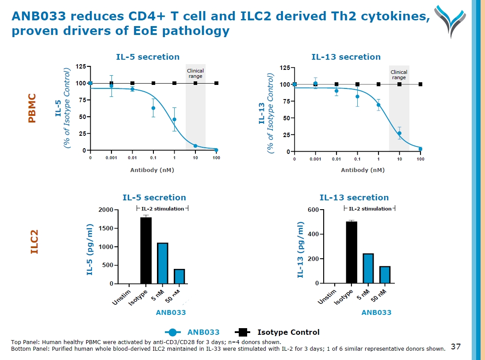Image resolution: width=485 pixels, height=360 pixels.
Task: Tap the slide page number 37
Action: [x=455, y=346]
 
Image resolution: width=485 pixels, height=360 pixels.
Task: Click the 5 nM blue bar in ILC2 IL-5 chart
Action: [x=162, y=263]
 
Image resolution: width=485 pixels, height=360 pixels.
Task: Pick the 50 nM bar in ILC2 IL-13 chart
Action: [x=385, y=275]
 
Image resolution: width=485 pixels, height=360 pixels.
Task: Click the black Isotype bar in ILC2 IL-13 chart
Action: [x=351, y=252]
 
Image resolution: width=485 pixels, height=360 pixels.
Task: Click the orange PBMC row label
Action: [x=32, y=108]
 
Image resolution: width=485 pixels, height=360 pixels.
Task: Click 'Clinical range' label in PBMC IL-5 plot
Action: [x=195, y=73]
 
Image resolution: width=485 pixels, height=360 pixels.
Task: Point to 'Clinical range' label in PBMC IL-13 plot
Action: [x=399, y=75]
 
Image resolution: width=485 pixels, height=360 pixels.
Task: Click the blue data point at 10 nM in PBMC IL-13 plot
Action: [x=399, y=133]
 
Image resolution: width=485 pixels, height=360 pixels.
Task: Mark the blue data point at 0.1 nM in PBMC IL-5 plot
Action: [x=153, y=108]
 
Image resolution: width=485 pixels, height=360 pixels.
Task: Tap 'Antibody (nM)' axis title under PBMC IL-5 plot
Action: [x=152, y=170]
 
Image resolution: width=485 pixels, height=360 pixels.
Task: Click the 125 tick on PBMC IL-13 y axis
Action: [x=285, y=68]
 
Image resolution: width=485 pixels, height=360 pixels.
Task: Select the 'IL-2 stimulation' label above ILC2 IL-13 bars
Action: [x=370, y=209]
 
